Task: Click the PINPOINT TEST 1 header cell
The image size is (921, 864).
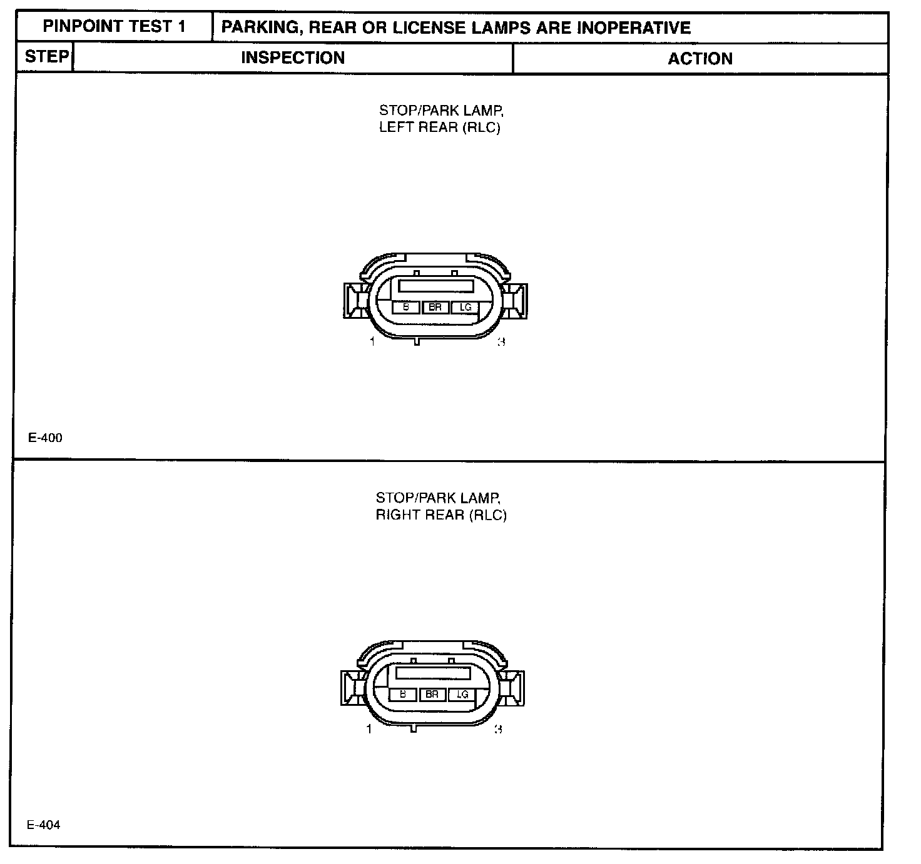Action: click(114, 27)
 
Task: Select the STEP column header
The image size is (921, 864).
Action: click(46, 57)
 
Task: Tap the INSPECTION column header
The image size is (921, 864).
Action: click(293, 58)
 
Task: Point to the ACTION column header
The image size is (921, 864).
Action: click(700, 59)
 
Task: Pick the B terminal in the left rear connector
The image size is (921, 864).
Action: click(406, 307)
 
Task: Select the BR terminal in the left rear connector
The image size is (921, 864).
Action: click(435, 307)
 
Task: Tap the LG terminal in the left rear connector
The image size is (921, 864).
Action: click(464, 307)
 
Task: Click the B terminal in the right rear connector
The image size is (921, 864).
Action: click(403, 695)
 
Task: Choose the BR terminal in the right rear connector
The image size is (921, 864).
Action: click(432, 695)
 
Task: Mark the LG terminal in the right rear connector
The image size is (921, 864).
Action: click(462, 695)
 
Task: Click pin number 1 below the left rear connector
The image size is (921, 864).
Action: click(372, 341)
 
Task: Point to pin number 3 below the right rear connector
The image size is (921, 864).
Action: click(498, 729)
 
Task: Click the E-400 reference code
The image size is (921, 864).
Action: click(45, 438)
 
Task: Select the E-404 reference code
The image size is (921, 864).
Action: click(44, 825)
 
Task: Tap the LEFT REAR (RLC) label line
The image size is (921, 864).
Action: click(440, 128)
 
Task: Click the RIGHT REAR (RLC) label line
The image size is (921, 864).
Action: click(441, 515)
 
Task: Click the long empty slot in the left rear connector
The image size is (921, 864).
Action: click(435, 286)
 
